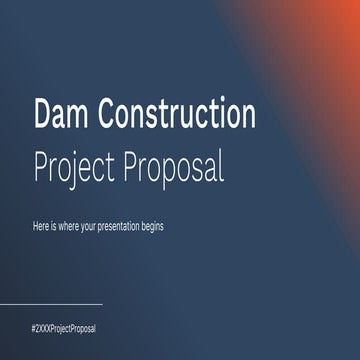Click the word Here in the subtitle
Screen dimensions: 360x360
41,227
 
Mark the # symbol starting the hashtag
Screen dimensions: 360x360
34,328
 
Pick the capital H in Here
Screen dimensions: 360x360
35,227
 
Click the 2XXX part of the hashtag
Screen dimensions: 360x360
46,328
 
